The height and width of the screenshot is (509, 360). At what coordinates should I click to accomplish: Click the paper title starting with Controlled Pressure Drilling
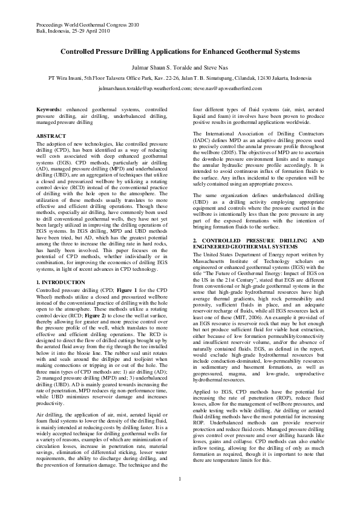pos(180,53)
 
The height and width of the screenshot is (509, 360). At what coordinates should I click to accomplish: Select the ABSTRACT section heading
pos(51,137)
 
